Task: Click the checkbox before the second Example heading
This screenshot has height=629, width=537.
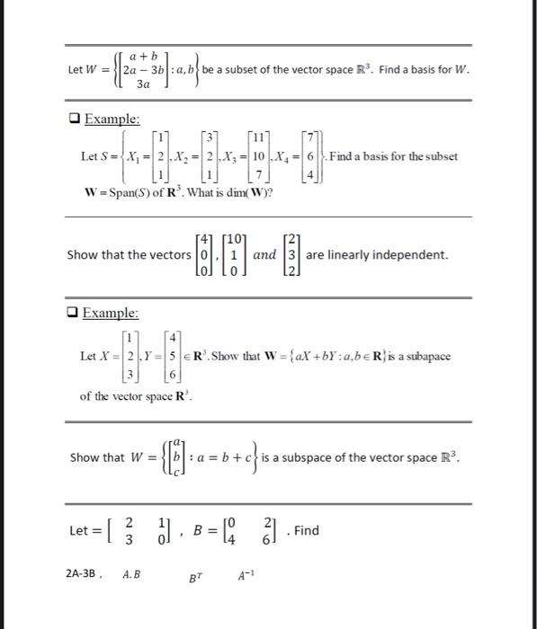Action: pyautogui.click(x=75, y=313)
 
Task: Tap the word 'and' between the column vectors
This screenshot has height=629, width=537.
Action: pyautogui.click(x=265, y=255)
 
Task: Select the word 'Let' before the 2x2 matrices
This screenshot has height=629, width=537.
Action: pyautogui.click(x=80, y=530)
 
